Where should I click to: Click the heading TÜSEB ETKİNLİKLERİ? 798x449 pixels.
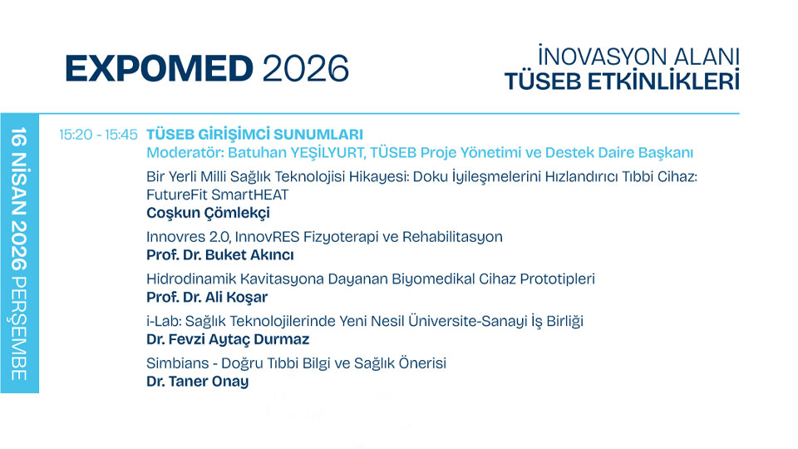(x=622, y=82)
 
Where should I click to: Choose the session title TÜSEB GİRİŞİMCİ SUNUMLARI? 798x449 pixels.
(x=254, y=135)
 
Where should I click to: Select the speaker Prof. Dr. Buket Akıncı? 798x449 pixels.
(x=219, y=255)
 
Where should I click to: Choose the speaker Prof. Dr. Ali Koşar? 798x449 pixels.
(x=207, y=298)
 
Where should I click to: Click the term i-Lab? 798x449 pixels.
(x=161, y=322)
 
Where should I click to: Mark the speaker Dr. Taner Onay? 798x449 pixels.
(x=197, y=382)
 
